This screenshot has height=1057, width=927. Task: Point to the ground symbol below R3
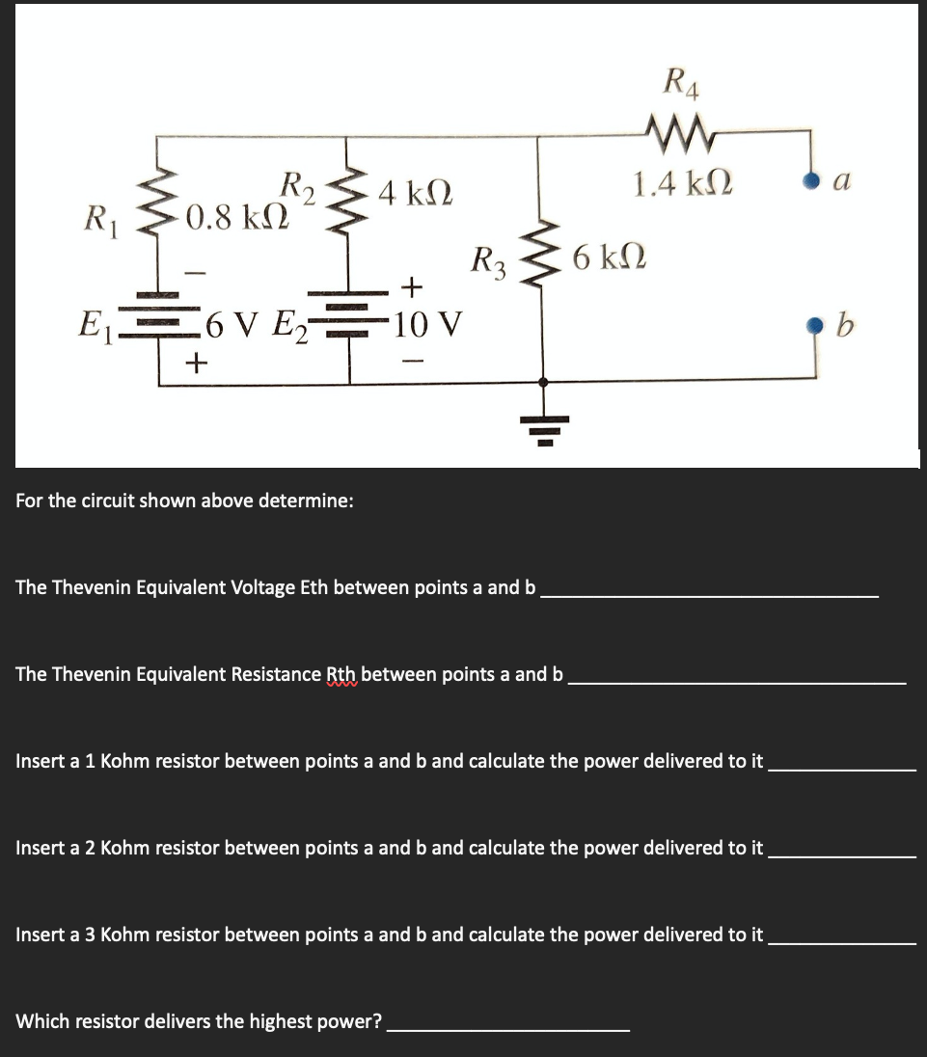544,425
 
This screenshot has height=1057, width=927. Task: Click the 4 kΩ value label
416,191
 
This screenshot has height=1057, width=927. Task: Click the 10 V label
428,321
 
